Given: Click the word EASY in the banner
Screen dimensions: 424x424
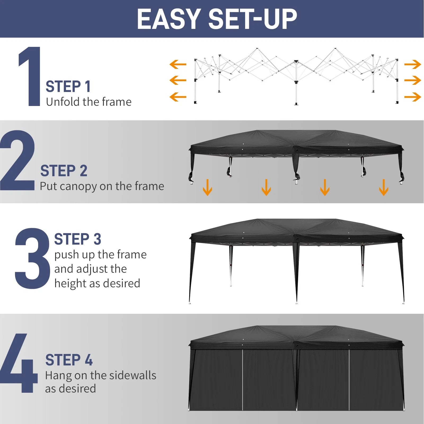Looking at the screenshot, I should click(x=169, y=19).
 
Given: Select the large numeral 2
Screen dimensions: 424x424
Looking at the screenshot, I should click(x=17, y=161).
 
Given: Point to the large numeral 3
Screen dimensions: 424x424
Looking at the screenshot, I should click(x=32, y=258).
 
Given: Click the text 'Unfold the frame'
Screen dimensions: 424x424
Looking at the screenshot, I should click(x=89, y=102).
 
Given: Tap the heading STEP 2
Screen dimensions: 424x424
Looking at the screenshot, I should click(x=64, y=171).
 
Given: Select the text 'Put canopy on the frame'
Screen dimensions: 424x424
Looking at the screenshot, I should click(x=102, y=186).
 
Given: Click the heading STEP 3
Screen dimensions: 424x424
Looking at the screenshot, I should click(x=78, y=239).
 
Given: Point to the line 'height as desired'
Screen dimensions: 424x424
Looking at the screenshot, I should click(x=97, y=283).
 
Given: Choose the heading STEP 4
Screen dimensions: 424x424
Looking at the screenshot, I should click(x=69, y=360).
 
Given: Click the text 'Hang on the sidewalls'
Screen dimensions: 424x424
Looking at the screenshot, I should click(x=100, y=376).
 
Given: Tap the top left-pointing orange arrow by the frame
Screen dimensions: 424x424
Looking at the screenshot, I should click(x=178, y=64).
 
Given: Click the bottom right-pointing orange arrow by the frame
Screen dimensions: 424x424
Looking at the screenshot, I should click(x=413, y=97).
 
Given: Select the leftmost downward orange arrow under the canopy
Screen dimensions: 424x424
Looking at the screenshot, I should click(x=207, y=187).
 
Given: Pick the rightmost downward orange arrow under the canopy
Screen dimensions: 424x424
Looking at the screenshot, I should click(x=383, y=187).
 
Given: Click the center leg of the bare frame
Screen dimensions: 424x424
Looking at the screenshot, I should click(x=296, y=85).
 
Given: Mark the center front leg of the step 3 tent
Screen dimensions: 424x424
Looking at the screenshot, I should click(x=296, y=273).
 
